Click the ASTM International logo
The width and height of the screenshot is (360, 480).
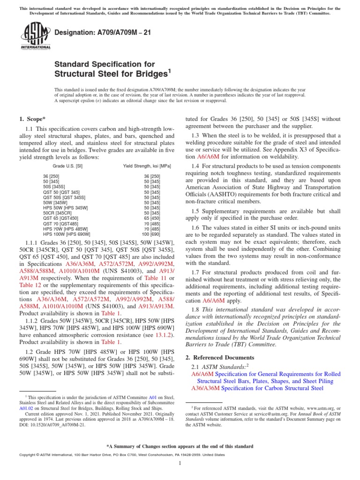[35, 37]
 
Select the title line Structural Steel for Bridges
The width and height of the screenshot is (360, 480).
[111, 74]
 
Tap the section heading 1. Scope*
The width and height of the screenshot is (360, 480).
[32, 120]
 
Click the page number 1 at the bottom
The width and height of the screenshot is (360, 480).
[180, 464]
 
